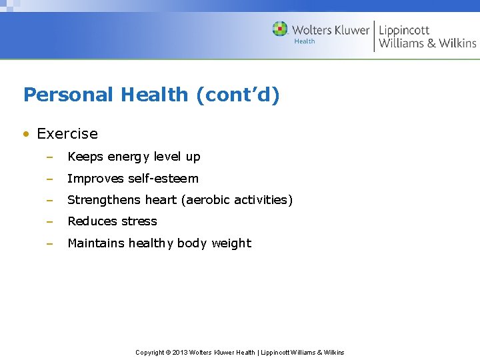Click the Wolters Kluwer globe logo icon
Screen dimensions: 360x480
(x=280, y=29)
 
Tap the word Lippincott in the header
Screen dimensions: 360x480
(x=404, y=30)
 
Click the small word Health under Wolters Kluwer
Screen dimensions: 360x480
(x=305, y=41)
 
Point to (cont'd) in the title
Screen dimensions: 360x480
(x=237, y=95)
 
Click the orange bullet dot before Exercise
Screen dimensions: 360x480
(x=26, y=134)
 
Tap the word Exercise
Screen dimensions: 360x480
(x=67, y=134)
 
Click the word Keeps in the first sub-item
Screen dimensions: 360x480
(x=85, y=157)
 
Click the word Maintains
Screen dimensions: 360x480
(x=96, y=243)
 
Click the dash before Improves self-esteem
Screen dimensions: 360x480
(x=49, y=179)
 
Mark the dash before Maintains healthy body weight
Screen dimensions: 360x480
(x=49, y=243)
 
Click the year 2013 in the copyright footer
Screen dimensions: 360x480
(x=181, y=352)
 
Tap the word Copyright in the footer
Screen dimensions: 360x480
(x=150, y=352)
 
